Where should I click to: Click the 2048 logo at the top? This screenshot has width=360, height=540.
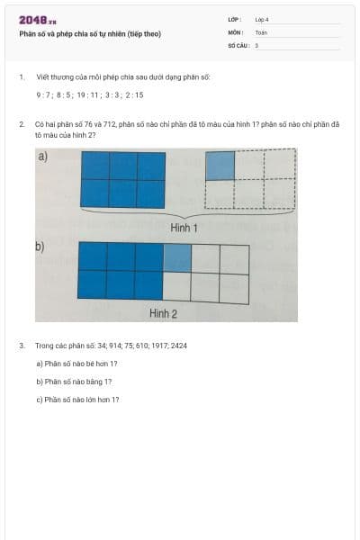pyautogui.click(x=38, y=20)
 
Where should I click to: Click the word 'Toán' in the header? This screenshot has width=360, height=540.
pyautogui.click(x=261, y=31)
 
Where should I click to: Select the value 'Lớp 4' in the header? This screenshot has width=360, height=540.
pyautogui.click(x=262, y=19)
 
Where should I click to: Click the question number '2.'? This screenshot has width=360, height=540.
pyautogui.click(x=22, y=124)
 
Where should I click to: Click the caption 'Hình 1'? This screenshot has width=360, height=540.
pyautogui.click(x=184, y=229)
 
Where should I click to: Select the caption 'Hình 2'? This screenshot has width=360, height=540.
pyautogui.click(x=163, y=313)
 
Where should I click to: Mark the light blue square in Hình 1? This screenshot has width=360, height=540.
pyautogui.click(x=220, y=166)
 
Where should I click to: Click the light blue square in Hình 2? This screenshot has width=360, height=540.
pyautogui.click(x=177, y=257)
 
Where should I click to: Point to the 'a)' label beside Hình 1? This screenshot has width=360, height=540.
pyautogui.click(x=42, y=157)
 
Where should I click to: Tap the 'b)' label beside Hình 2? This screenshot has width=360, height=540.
pyautogui.click(x=40, y=247)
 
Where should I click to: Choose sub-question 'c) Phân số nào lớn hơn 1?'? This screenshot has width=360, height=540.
pyautogui.click(x=77, y=400)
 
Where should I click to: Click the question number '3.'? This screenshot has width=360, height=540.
pyautogui.click(x=22, y=346)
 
